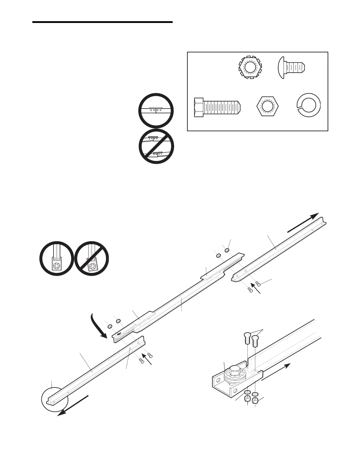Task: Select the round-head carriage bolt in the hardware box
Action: (x=291, y=68)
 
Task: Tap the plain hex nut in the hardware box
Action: (x=267, y=106)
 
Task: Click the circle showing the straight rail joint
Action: (x=156, y=111)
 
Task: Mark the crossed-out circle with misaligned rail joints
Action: (x=156, y=146)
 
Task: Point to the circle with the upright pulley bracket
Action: (x=57, y=258)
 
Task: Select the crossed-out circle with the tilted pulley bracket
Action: (x=91, y=259)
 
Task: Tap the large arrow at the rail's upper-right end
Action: (x=303, y=222)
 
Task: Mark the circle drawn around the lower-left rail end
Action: (x=55, y=402)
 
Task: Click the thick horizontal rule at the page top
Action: (x=102, y=22)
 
